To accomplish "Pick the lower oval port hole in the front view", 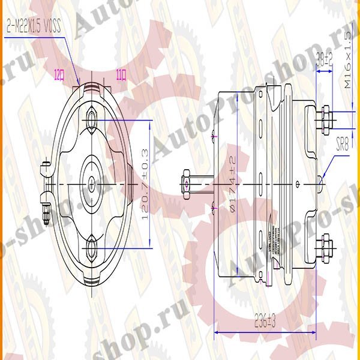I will pyautogui.click(x=92, y=247).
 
